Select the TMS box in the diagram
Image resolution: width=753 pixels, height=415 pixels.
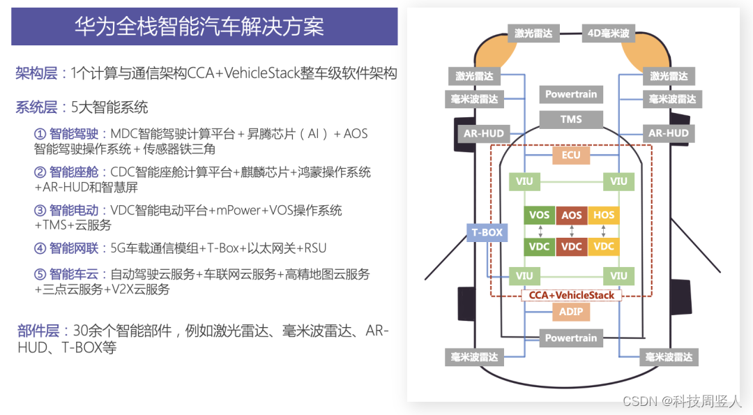point(571,119)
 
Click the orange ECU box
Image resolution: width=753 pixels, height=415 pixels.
point(571,155)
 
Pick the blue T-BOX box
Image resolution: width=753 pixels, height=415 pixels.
point(487,233)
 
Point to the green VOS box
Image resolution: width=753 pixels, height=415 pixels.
point(539,216)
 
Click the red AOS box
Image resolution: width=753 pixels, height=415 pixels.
point(572,216)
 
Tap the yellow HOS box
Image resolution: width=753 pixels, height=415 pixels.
point(604,216)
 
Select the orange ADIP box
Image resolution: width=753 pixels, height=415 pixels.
point(571,312)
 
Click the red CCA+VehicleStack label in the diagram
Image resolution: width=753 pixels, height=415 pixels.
point(571,295)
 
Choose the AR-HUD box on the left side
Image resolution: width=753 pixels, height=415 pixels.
point(483,133)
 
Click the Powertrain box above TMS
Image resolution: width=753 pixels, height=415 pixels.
point(571,94)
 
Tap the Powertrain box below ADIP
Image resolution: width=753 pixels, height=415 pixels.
point(571,338)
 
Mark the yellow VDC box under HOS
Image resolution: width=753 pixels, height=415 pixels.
point(604,246)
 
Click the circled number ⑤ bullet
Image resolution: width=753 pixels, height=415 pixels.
point(40,274)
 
